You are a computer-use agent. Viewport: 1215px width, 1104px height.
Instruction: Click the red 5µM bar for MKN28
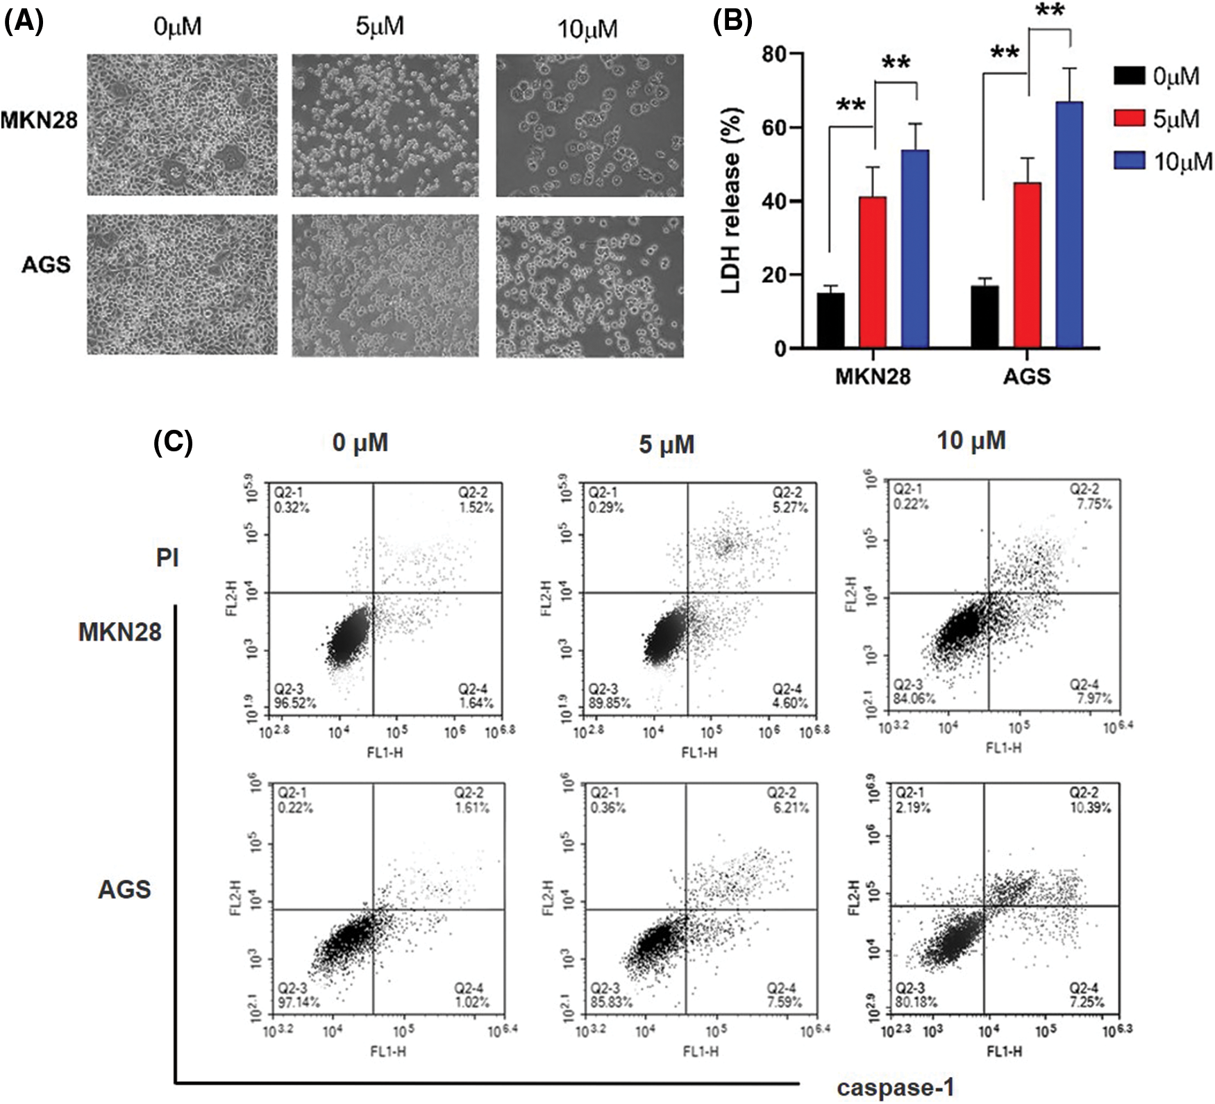point(873,272)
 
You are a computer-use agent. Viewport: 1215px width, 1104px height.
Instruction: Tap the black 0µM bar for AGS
point(984,317)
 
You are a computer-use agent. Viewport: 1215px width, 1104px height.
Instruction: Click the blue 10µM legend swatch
point(1128,161)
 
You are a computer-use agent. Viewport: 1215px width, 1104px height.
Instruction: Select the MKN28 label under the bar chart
point(872,376)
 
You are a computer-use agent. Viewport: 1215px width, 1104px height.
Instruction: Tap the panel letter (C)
point(172,442)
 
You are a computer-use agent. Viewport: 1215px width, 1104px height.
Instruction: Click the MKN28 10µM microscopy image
point(589,125)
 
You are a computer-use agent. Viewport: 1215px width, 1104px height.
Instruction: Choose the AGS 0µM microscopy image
point(182,285)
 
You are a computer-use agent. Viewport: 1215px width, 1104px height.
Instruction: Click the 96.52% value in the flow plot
point(295,703)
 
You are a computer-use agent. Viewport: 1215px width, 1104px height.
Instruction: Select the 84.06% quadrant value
point(914,699)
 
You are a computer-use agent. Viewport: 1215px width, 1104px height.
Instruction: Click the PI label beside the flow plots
point(167,557)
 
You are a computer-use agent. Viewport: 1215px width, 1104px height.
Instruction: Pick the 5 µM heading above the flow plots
point(667,444)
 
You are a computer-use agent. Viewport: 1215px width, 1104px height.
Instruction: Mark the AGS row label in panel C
point(124,889)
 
